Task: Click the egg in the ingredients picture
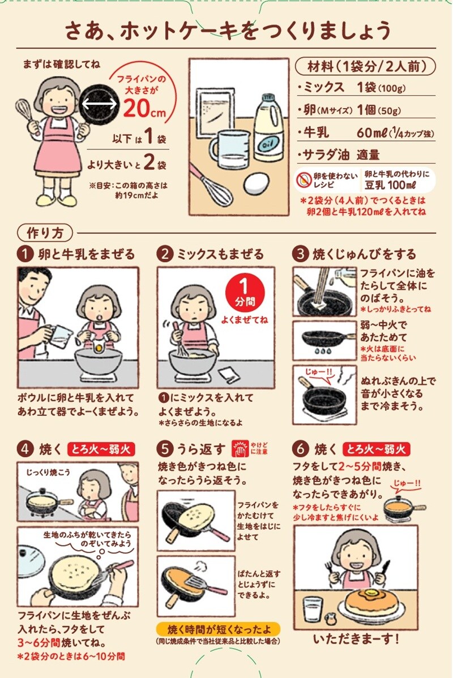coord(257,184)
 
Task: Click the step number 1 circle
coord(25,254)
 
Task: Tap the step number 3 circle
coord(300,254)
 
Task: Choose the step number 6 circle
coord(300,449)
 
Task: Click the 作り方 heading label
coord(45,233)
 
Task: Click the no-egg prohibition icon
coord(305,179)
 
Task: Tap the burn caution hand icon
coord(240,448)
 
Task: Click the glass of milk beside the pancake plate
coord(313,610)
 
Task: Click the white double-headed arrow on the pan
coord(100,104)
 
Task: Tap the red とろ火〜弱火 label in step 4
coord(101,449)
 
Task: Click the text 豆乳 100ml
coord(390,184)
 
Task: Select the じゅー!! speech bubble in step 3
coord(318,372)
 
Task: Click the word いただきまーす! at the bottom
coord(356,639)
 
